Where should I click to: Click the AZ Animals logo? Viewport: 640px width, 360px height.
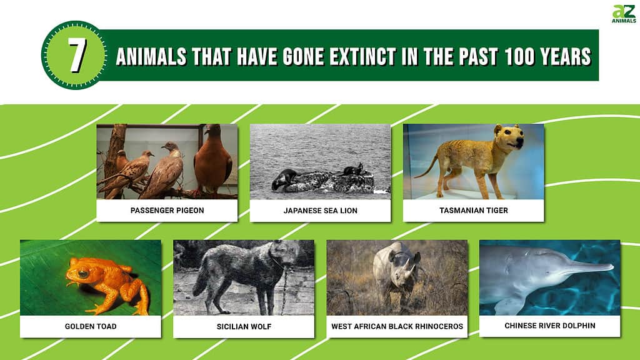pyautogui.click(x=624, y=14)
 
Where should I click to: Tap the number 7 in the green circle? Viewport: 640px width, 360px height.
pyautogui.click(x=77, y=56)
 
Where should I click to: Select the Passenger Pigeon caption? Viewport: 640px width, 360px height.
pyautogui.click(x=167, y=210)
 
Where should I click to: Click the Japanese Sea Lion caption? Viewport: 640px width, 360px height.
pyautogui.click(x=321, y=211)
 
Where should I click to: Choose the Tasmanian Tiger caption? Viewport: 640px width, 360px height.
pyautogui.click(x=474, y=210)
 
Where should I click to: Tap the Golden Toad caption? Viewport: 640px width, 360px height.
pyautogui.click(x=91, y=326)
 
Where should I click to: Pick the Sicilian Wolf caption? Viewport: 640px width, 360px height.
pyautogui.click(x=244, y=326)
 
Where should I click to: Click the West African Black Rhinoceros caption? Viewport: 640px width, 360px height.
pyautogui.click(x=397, y=326)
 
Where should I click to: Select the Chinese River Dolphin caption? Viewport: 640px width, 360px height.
pyautogui.click(x=550, y=325)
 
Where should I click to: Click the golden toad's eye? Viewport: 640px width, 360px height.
pyautogui.click(x=83, y=274)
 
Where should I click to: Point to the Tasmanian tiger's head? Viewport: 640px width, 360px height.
pyautogui.click(x=509, y=137)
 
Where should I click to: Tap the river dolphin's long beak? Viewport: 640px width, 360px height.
pyautogui.click(x=592, y=266)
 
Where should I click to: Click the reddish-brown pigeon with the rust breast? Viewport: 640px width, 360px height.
pyautogui.click(x=212, y=160)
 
